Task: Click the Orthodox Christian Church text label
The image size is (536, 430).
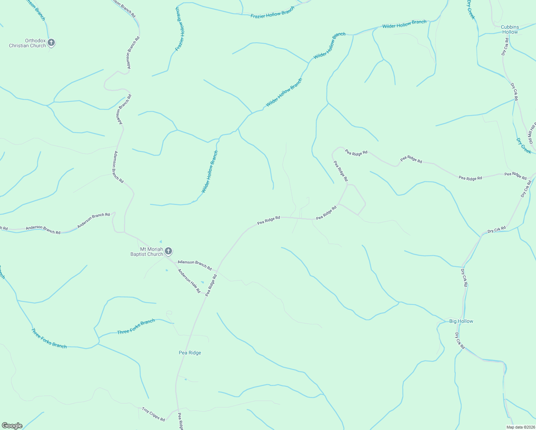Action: tap(28, 43)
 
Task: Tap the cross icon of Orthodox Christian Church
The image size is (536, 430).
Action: tap(51, 43)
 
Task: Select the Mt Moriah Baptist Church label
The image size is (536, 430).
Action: tap(146, 252)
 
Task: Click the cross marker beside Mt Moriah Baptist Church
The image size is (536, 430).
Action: tap(168, 251)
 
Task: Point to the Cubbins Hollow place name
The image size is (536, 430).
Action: tap(510, 29)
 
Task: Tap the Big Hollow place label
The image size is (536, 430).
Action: tap(461, 321)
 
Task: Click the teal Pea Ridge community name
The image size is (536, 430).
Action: tap(190, 353)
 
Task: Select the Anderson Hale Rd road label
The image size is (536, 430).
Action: tap(189, 281)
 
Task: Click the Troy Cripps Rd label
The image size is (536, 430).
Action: tap(153, 414)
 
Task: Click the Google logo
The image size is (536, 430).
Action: tap(12, 426)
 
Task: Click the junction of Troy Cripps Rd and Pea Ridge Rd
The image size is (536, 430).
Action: tap(176, 409)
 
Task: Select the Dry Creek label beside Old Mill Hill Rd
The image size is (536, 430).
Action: tap(523, 146)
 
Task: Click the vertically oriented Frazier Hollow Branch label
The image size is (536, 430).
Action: tap(181, 29)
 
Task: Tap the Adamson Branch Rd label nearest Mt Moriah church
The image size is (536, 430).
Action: tap(195, 265)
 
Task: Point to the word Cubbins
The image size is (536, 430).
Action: tap(510, 27)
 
